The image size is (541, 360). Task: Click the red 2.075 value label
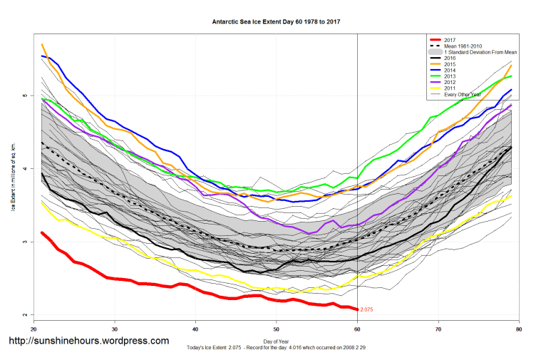(367, 309)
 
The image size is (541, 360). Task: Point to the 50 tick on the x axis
(277, 329)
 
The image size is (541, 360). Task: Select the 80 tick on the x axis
(519, 329)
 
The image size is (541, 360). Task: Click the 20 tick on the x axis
(34, 329)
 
